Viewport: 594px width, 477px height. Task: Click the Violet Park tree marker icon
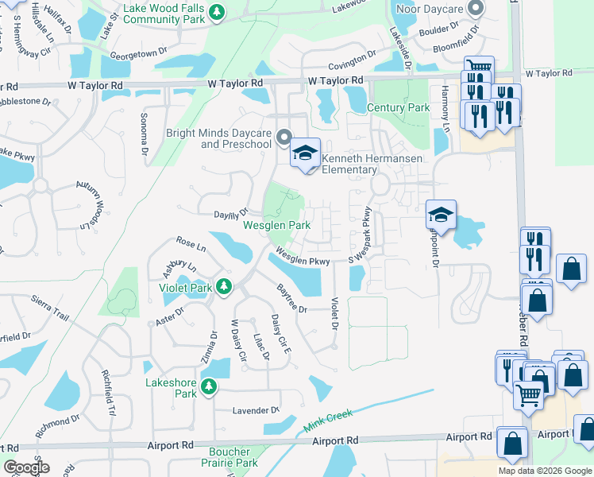pyautogui.click(x=225, y=286)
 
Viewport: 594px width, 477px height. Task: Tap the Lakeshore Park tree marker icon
pyautogui.click(x=208, y=387)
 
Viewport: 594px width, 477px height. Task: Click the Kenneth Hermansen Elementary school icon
pyautogui.click(x=305, y=153)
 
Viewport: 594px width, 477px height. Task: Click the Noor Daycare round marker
pyautogui.click(x=476, y=9)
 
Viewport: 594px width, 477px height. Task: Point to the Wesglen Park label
pyautogui.click(x=276, y=226)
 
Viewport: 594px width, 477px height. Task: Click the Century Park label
pyautogui.click(x=398, y=107)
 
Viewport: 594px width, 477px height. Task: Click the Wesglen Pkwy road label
pyautogui.click(x=303, y=257)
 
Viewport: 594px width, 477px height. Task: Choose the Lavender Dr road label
pyautogui.click(x=256, y=411)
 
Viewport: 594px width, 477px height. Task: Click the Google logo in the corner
pyautogui.click(x=26, y=467)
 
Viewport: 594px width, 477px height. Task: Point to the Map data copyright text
pyautogui.click(x=545, y=471)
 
